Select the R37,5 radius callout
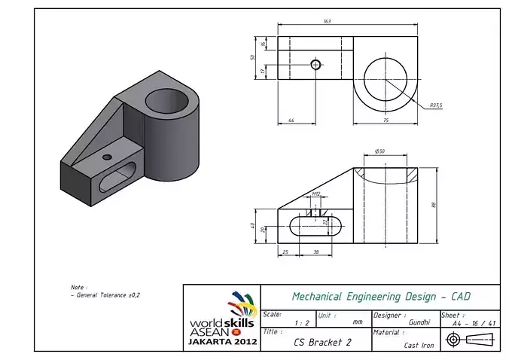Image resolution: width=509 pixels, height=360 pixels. [436, 105]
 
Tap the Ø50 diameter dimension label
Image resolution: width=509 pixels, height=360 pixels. [379, 152]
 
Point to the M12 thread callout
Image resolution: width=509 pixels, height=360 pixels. [316, 194]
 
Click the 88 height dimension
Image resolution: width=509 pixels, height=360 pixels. [434, 205]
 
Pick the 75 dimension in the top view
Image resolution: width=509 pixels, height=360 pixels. [386, 120]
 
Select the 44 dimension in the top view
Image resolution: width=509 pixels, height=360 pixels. [291, 120]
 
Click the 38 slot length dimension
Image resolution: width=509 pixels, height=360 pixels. [315, 251]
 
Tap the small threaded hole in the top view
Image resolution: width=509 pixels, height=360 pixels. [315, 65]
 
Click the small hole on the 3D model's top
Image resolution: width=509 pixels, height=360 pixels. [107, 157]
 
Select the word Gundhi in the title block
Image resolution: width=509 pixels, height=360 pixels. [419, 322]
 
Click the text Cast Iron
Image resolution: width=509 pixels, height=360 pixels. [419, 345]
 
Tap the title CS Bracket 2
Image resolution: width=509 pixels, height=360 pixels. [322, 341]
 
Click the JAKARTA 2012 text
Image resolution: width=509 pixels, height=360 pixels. [221, 341]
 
